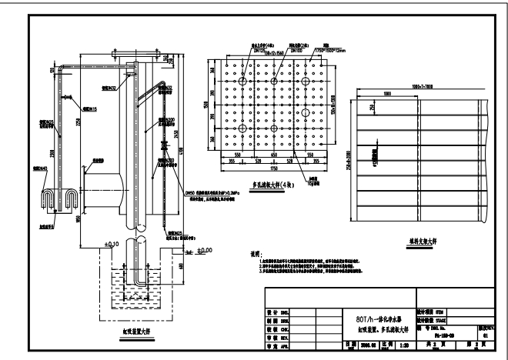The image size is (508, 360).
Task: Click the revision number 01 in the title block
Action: point(484,335)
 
